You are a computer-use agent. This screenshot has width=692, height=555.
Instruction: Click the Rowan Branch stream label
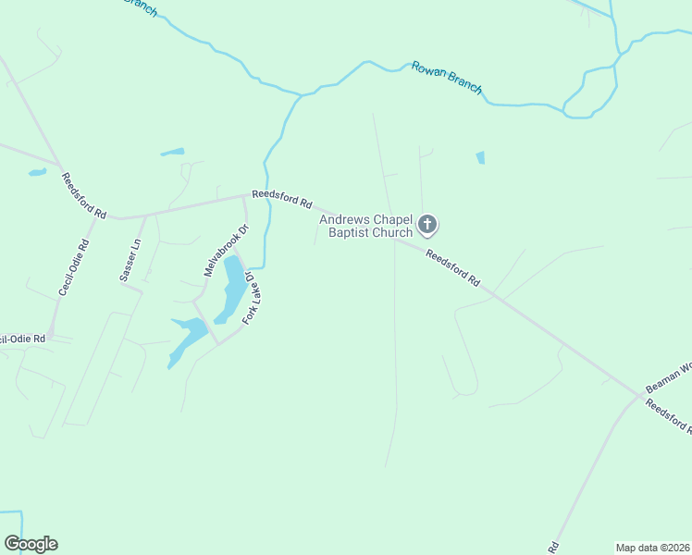(447, 77)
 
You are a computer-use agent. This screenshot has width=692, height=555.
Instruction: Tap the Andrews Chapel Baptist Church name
(365, 226)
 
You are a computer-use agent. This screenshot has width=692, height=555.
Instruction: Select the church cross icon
(427, 224)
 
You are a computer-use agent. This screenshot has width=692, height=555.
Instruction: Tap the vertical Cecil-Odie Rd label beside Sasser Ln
(74, 268)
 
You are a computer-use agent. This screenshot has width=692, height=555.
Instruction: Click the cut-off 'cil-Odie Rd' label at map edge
(22, 339)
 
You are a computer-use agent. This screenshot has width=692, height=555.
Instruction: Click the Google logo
(31, 544)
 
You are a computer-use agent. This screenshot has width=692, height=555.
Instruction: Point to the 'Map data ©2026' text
(652, 548)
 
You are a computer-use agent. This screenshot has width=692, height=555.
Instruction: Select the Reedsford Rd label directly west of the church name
(282, 200)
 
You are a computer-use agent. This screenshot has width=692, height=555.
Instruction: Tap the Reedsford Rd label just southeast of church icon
(454, 266)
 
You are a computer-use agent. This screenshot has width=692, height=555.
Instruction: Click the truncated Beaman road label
(668, 376)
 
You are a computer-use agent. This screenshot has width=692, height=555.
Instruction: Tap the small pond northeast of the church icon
(480, 157)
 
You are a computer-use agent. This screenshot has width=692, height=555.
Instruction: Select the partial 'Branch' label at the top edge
(141, 6)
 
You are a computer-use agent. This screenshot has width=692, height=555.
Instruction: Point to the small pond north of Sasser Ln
(172, 152)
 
